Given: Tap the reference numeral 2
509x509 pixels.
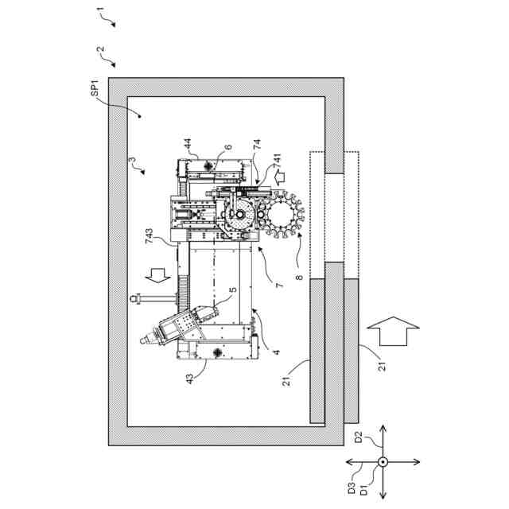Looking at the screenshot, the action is (x=99, y=49).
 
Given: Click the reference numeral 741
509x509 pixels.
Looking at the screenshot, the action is (x=277, y=166).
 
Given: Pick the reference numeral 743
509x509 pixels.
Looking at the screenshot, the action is (x=150, y=235).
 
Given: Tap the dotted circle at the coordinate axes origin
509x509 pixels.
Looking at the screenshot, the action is (x=382, y=463).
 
